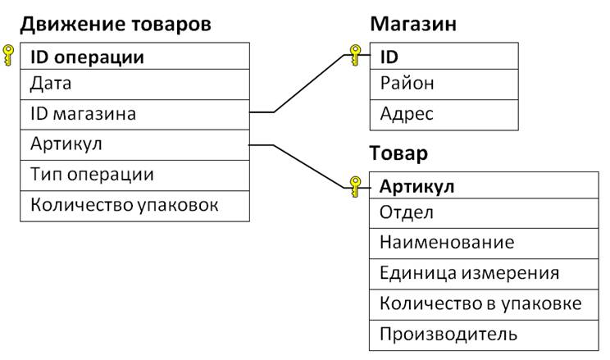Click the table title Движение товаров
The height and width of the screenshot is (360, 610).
point(116,25)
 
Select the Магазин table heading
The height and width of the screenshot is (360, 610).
point(413,24)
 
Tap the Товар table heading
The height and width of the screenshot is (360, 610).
point(398,153)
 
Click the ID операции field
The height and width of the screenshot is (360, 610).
point(87,57)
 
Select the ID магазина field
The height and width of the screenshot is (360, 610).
point(83,114)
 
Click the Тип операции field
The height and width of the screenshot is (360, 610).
point(92,175)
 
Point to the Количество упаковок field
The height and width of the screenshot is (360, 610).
point(124,205)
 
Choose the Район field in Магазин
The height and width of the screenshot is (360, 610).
point(407,84)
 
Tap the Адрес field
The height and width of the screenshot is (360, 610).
point(407,114)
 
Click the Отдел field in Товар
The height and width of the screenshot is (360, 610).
point(406,213)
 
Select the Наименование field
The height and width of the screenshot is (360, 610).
point(447,243)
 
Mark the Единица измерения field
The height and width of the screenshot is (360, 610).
point(469,273)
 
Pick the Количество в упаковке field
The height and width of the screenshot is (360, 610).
point(480,303)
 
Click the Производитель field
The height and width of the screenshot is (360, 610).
point(448,335)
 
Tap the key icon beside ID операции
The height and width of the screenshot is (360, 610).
point(8,55)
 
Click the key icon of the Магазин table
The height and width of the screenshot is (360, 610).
point(355,55)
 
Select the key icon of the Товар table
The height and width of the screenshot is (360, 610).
point(355,187)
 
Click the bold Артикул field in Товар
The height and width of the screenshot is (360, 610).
point(417,187)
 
